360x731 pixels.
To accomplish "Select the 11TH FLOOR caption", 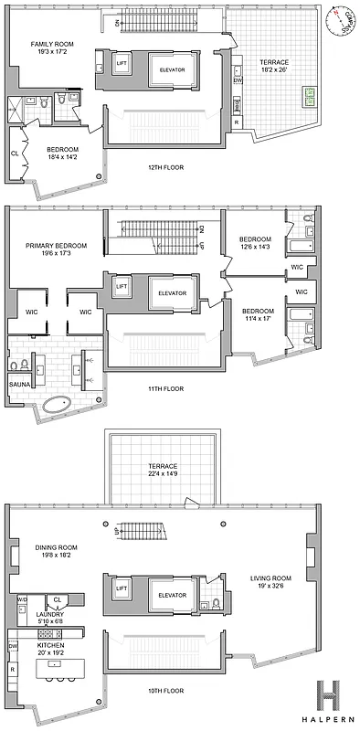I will point(164,388).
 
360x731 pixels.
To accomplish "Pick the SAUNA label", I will point(20,385).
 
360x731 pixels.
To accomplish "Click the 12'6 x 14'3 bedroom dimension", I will point(255,248).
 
